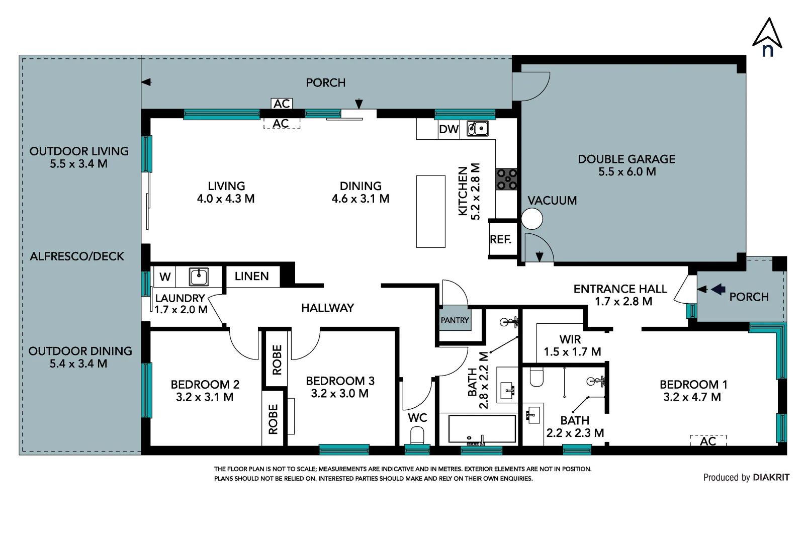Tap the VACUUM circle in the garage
pyautogui.click(x=532, y=219)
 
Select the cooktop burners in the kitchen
pyautogui.click(x=507, y=179)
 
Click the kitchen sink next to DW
pyautogui.click(x=478, y=129)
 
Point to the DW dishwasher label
pyautogui.click(x=449, y=129)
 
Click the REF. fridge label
pyautogui.click(x=500, y=239)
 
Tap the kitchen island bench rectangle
pyautogui.click(x=431, y=212)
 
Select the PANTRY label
pyautogui.click(x=455, y=320)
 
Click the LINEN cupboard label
pyautogui.click(x=251, y=277)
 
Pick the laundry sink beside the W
pyautogui.click(x=199, y=277)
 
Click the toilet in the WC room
pyautogui.click(x=417, y=435)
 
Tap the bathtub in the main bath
pyautogui.click(x=482, y=428)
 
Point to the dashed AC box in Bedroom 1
pyautogui.click(x=708, y=440)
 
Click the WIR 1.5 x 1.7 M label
pyautogui.click(x=572, y=345)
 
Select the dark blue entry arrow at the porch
pyautogui.click(x=718, y=289)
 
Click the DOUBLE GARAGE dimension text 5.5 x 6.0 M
pyautogui.click(x=627, y=171)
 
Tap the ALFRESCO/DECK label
pyautogui.click(x=76, y=256)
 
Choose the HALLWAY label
pyautogui.click(x=327, y=308)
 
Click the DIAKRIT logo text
pyautogui.click(x=771, y=478)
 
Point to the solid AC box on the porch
pyautogui.click(x=282, y=104)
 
